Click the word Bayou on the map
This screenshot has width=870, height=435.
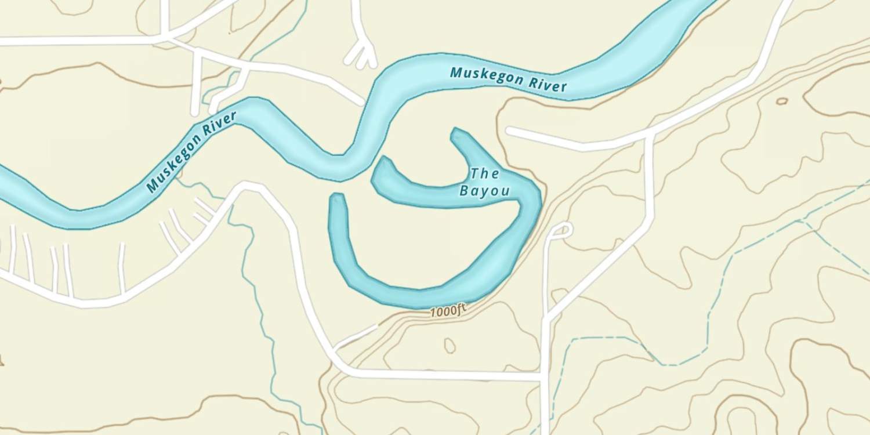pyautogui.click(x=485, y=190)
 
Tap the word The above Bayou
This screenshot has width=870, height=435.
pyautogui.click(x=485, y=173)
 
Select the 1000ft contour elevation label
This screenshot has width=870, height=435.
pyautogui.click(x=448, y=311)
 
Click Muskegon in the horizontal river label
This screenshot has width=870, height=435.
pyautogui.click(x=486, y=75)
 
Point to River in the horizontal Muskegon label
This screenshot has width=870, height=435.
pyautogui.click(x=547, y=84)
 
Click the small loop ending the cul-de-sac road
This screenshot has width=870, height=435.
pyautogui.click(x=561, y=230)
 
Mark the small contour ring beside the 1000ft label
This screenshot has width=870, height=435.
pyautogui.click(x=449, y=346)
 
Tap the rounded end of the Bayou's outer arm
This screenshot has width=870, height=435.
pyautogui.click(x=338, y=198)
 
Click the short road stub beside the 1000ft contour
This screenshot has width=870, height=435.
pyautogui.click(x=355, y=337)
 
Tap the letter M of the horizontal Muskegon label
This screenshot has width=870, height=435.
pyautogui.click(x=456, y=72)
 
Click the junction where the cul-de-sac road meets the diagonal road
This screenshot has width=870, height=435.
pyautogui.click(x=547, y=318)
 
